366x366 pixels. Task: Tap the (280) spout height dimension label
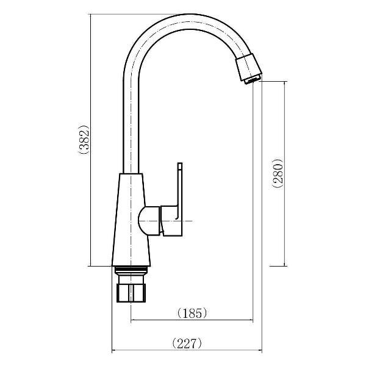[x=278, y=175]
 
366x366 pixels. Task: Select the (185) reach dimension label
[x=192, y=313]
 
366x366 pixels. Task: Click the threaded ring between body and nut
[x=131, y=271]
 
